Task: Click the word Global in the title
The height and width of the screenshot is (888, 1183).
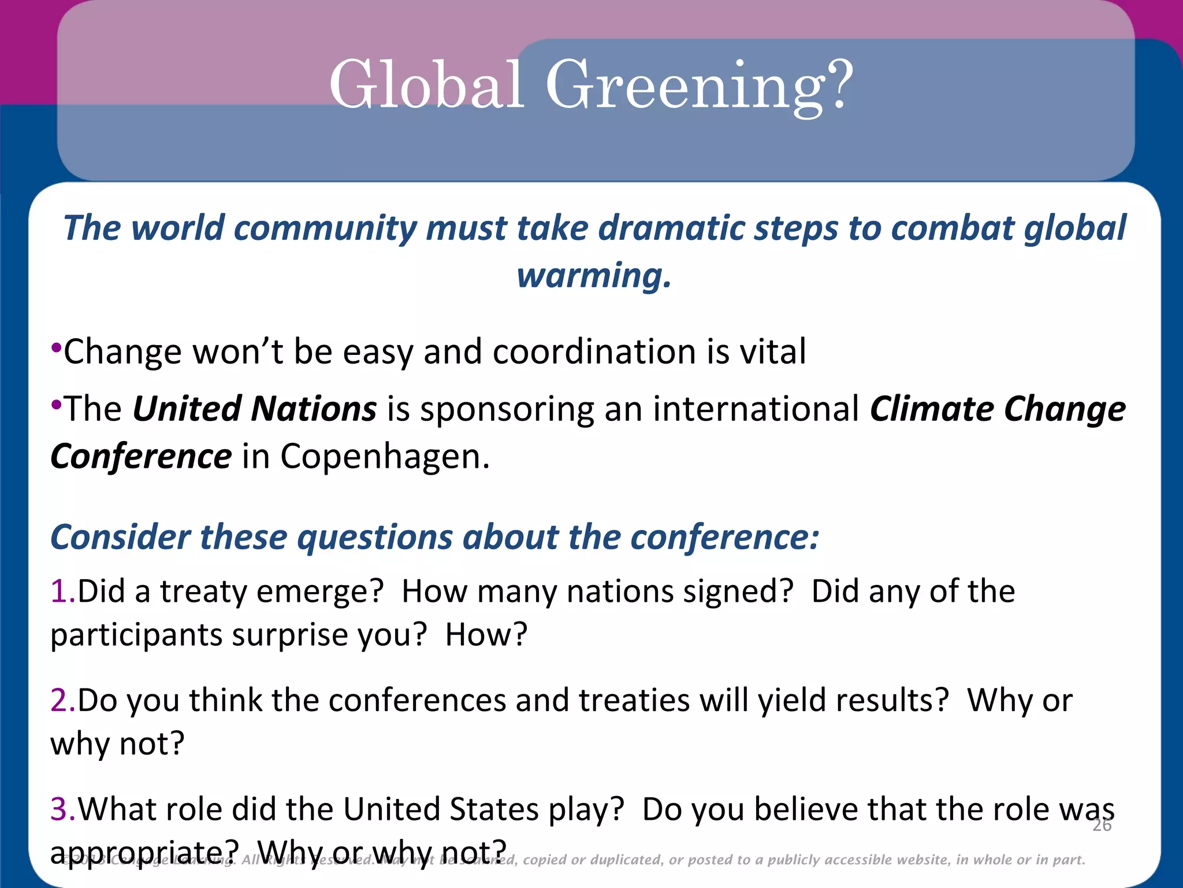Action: click(x=426, y=85)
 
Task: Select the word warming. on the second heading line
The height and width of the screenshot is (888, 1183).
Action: click(x=594, y=276)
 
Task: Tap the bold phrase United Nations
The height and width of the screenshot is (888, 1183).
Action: click(x=255, y=409)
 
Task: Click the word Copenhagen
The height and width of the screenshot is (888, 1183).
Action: click(x=385, y=457)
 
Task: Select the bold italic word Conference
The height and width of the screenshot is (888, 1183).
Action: click(x=141, y=457)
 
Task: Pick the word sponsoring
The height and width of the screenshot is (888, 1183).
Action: click(x=507, y=409)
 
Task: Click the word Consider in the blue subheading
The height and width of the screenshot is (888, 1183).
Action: click(x=120, y=537)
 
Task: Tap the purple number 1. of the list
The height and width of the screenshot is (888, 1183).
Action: click(x=62, y=591)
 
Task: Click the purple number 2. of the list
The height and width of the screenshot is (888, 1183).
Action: click(x=62, y=700)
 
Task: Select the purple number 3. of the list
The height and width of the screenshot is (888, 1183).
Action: click(x=62, y=809)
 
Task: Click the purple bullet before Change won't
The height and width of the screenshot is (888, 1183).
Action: click(x=56, y=348)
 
